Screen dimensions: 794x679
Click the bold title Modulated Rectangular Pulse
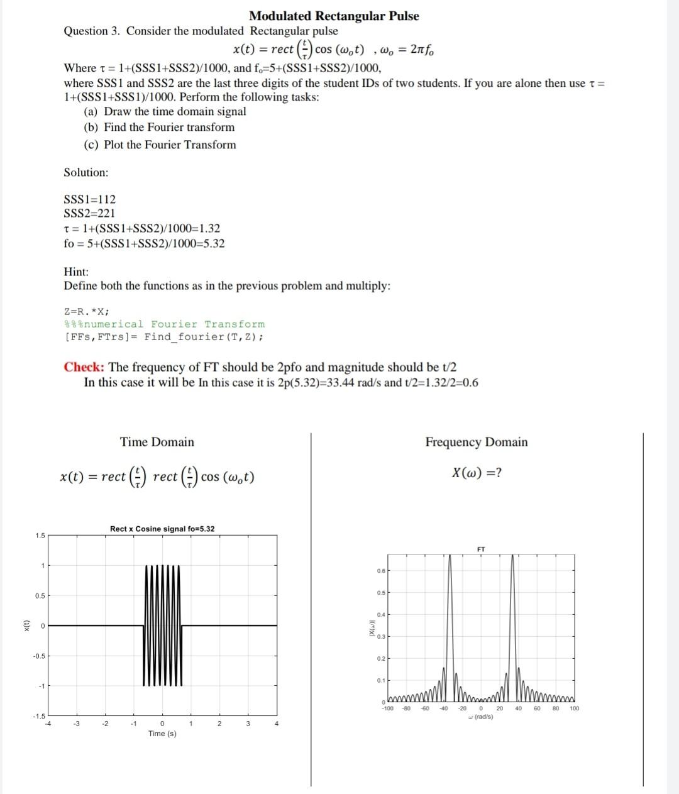tap(334, 16)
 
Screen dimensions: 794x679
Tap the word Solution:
tap(86, 172)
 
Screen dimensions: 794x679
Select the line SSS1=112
tap(90, 199)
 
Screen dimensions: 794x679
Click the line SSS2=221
tap(90, 213)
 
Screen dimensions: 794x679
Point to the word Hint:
tap(76, 272)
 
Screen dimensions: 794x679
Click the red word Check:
tap(84, 367)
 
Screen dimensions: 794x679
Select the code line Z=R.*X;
tap(87, 311)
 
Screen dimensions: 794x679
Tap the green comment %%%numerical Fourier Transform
tap(165, 324)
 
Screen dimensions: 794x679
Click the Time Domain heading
tap(157, 442)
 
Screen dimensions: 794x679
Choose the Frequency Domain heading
tap(477, 442)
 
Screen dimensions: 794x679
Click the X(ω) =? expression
tap(477, 473)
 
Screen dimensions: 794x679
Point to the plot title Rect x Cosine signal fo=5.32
tap(162, 529)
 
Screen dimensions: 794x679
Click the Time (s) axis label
tap(162, 734)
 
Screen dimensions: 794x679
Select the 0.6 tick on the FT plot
tap(381, 571)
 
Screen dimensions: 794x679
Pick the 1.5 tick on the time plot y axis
tap(40, 536)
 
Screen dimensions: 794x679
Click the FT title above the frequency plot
tap(481, 549)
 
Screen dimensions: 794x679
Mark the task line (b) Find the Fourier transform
tap(160, 127)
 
